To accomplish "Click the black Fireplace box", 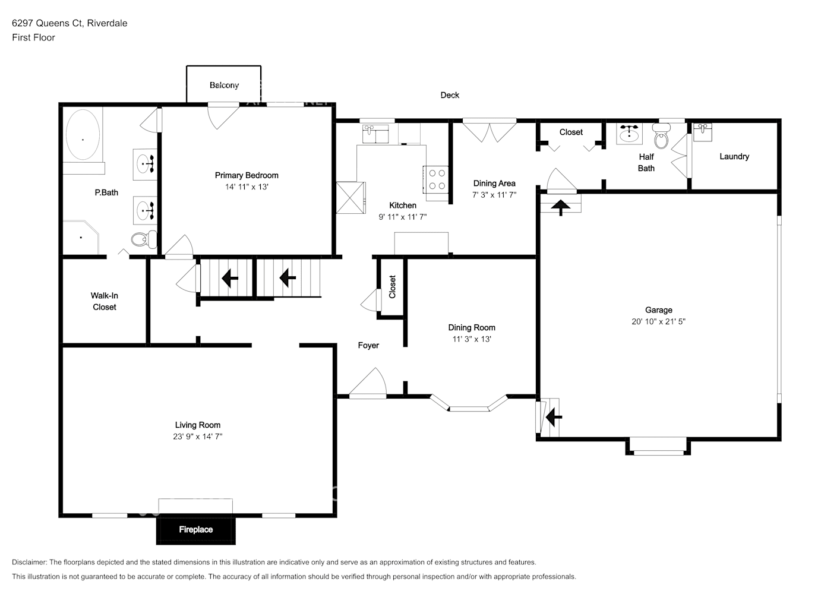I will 195,529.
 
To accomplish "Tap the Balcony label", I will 224,86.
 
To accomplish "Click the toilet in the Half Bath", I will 661,139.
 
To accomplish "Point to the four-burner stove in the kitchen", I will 437,179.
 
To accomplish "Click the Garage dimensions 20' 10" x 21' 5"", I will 658,321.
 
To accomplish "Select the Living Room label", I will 197,425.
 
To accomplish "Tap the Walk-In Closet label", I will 105,301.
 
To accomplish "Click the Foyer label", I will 368,345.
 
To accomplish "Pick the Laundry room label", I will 734,156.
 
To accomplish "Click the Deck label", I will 450,95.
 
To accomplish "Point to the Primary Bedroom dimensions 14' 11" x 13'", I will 247,187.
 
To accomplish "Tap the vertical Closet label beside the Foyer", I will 392,287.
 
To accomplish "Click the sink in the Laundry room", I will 703,131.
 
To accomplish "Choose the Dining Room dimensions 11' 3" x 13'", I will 472,339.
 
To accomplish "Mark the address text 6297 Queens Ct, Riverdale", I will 70,23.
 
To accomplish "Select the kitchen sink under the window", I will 375,133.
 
